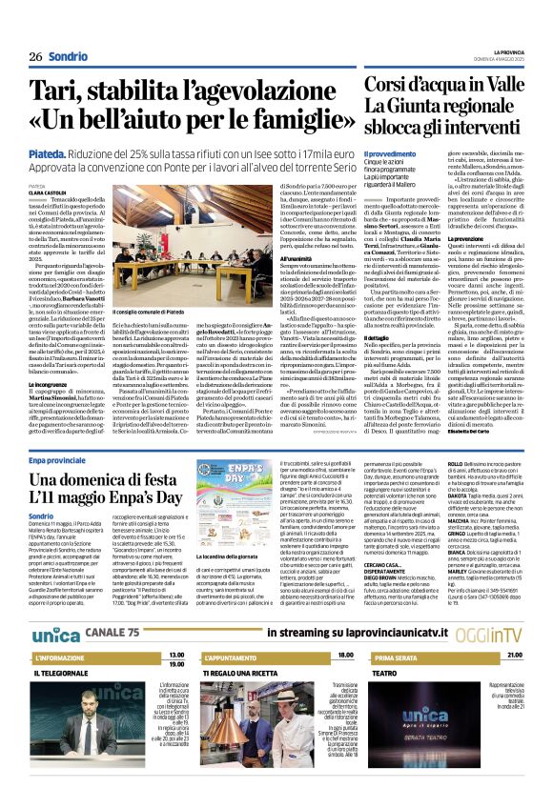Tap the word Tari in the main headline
[x=55, y=92]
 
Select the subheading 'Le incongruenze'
[x=51, y=383]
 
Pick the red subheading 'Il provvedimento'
[x=389, y=153]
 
